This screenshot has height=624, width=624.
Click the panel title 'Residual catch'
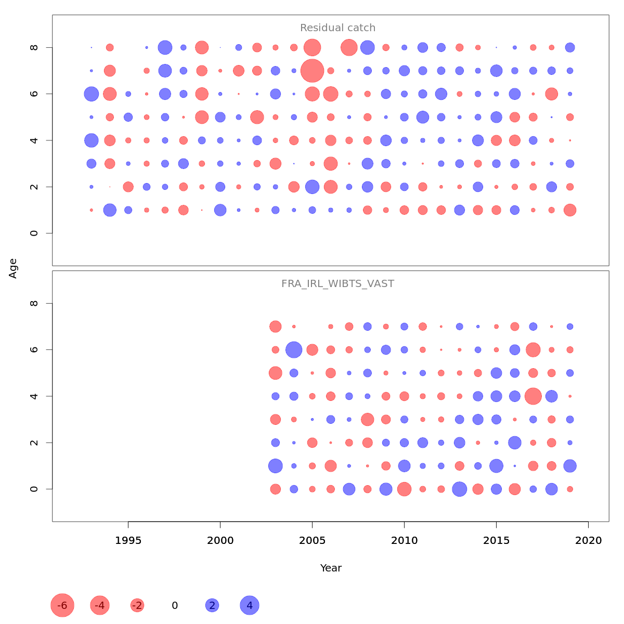point(337,28)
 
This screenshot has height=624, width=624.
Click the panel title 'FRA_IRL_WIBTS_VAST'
point(337,284)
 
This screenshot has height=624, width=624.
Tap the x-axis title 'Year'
point(331,568)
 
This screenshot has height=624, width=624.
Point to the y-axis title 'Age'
point(13,268)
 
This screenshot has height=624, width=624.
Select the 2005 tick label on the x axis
point(312,541)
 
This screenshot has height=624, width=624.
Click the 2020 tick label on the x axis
point(588,541)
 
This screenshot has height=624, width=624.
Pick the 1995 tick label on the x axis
point(128,541)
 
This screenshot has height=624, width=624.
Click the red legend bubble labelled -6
point(62,605)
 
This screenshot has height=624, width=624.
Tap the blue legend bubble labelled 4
point(250,605)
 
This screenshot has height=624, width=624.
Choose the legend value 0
point(175,605)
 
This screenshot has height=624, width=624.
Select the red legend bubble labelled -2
point(137,605)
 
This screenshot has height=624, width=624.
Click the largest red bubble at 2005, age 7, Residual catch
point(312,71)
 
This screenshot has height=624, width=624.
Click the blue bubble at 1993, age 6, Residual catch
point(92,94)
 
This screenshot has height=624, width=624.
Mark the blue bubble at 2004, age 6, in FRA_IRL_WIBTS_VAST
point(294,350)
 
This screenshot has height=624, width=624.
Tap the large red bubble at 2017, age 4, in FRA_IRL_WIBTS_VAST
point(533,396)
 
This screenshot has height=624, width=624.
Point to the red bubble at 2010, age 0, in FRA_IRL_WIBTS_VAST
point(404,489)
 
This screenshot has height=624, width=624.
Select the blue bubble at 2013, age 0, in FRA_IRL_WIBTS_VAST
point(459,489)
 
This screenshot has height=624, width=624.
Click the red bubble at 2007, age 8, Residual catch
point(349,47)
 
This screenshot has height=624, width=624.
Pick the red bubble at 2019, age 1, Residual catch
point(570,210)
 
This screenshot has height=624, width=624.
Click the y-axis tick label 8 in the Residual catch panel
point(34,47)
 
